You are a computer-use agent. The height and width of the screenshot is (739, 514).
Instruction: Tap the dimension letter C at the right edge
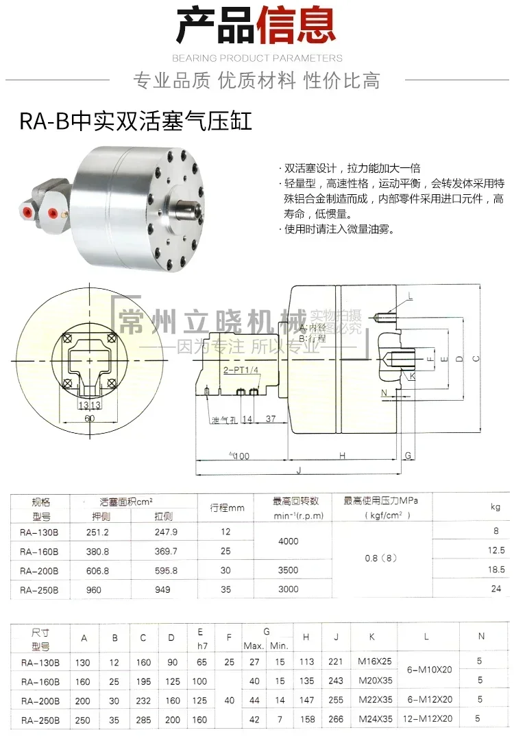[475, 357]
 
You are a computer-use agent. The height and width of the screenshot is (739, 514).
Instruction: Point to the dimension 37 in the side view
[271, 419]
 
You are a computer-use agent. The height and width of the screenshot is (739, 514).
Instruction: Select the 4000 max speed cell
[289, 541]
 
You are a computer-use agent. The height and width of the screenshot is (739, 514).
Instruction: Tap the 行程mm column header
[227, 508]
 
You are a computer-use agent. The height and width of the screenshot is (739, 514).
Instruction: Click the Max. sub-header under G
[254, 646]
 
